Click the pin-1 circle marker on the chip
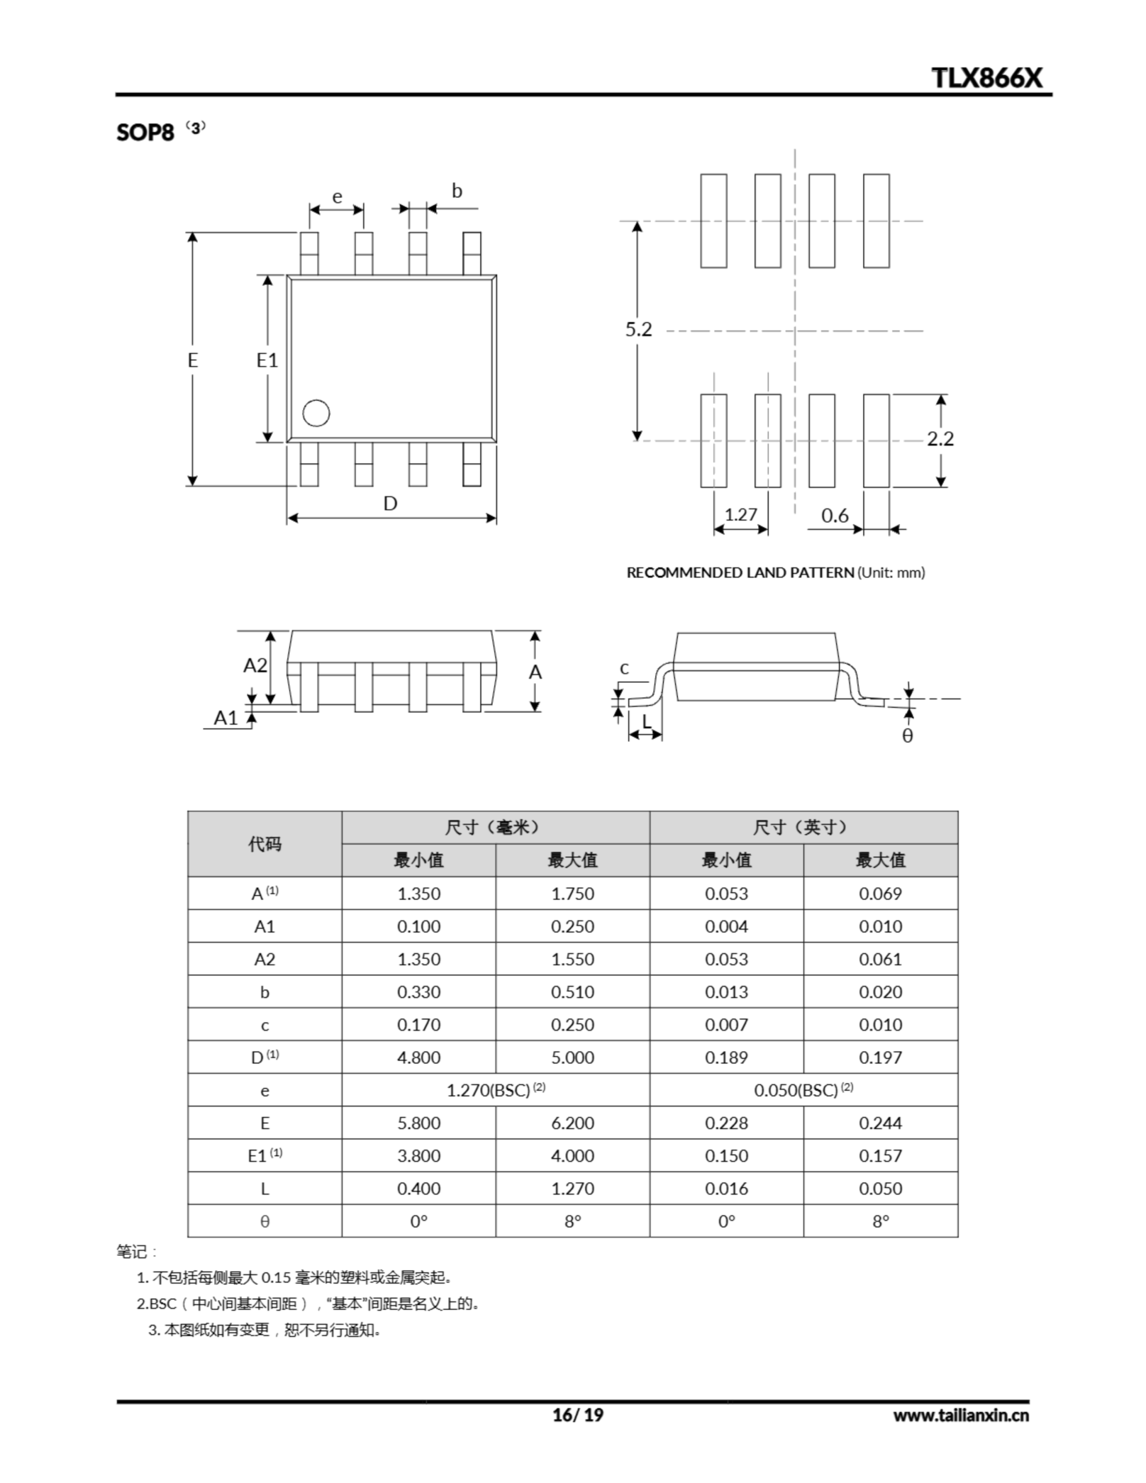click(x=316, y=413)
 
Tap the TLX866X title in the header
click(x=986, y=78)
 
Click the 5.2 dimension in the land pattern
click(x=638, y=329)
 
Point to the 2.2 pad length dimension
click(x=940, y=439)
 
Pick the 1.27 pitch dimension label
click(x=740, y=514)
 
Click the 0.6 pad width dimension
click(x=835, y=516)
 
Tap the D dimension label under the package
click(x=390, y=503)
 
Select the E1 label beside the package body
click(x=267, y=360)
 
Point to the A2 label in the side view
click(x=256, y=666)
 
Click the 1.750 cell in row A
click(x=572, y=894)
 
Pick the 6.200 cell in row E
click(x=572, y=1123)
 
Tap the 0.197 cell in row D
click(x=881, y=1057)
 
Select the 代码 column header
click(x=264, y=844)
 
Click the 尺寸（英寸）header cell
click(x=803, y=827)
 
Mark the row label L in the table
click(x=264, y=1189)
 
